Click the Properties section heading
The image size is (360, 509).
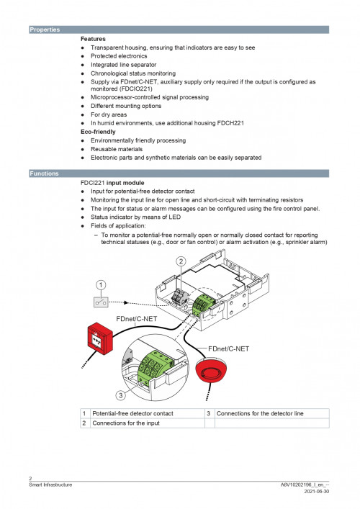pyautogui.click(x=45, y=30)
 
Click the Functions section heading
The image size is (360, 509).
pyautogui.click(x=44, y=174)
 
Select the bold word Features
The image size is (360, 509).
pyautogui.click(x=93, y=39)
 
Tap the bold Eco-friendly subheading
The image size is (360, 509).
pyautogui.click(x=98, y=132)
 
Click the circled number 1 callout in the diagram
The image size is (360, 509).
pyautogui.click(x=101, y=285)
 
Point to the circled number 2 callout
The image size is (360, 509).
pyautogui.click(x=181, y=261)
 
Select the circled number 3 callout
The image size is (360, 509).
pyautogui.click(x=121, y=395)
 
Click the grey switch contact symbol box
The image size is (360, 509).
pyautogui.click(x=101, y=302)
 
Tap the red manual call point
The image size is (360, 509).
pyautogui.click(x=100, y=338)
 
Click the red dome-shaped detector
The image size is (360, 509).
pyautogui.click(x=212, y=371)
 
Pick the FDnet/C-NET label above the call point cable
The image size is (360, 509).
pyautogui.click(x=137, y=319)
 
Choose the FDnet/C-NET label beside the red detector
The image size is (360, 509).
pyautogui.click(x=228, y=348)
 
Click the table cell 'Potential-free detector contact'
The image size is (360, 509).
pyautogui.click(x=132, y=413)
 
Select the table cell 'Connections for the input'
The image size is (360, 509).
pyautogui.click(x=126, y=423)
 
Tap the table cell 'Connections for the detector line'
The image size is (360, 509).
pyautogui.click(x=260, y=413)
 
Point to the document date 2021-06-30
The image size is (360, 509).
pyautogui.click(x=317, y=492)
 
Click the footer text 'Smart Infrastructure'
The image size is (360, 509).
pyautogui.click(x=50, y=485)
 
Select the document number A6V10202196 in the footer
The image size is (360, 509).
pyautogui.click(x=296, y=485)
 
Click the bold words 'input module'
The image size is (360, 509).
pyautogui.click(x=125, y=183)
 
